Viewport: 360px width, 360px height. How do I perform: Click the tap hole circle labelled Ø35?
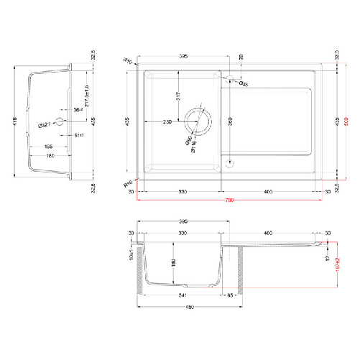232,79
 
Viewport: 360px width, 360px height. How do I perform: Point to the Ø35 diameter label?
244,85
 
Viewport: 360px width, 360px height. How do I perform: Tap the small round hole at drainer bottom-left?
229,162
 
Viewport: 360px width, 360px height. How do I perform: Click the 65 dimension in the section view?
231,295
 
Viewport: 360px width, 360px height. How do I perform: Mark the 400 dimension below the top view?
267,192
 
